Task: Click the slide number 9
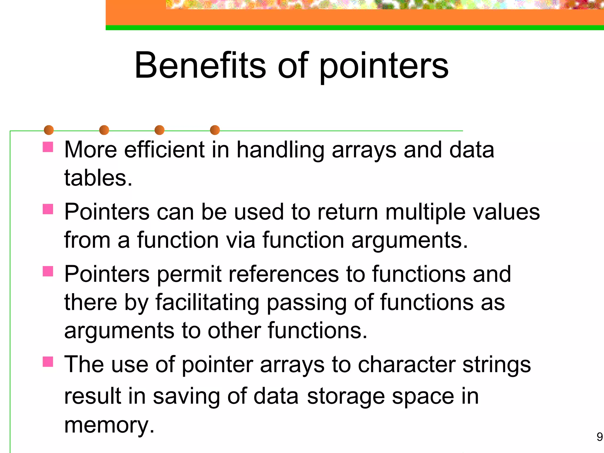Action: coord(599,437)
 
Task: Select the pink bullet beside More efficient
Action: coord(48,147)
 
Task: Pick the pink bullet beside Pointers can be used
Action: coord(48,209)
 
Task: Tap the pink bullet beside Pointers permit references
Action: coord(48,271)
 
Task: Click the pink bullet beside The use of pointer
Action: coord(48,362)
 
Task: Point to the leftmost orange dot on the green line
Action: coord(49,130)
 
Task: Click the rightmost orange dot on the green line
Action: coord(215,130)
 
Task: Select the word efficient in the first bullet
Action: coord(164,150)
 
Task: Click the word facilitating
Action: coord(207,303)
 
